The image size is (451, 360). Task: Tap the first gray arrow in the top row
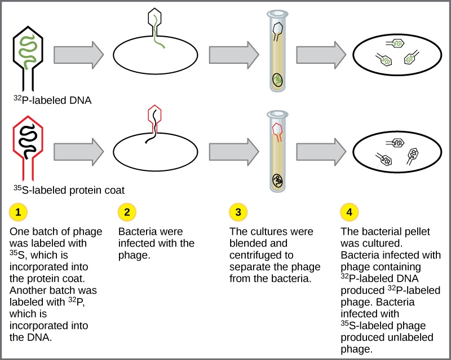(79, 55)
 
